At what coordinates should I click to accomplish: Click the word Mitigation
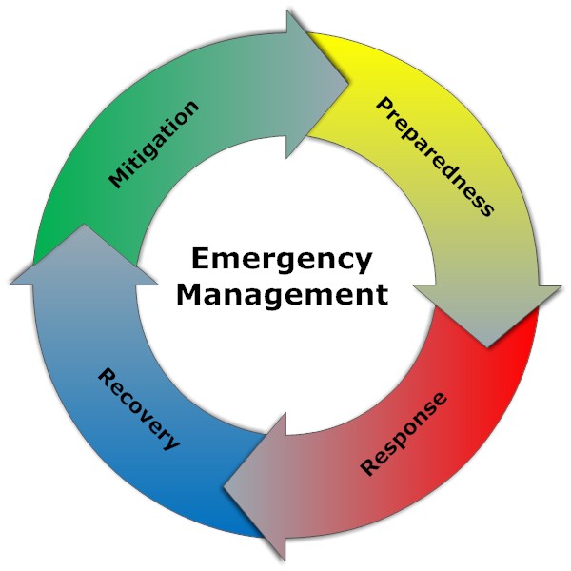pos(155,144)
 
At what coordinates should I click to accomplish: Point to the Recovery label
pos(137,409)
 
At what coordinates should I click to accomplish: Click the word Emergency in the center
pos(282,260)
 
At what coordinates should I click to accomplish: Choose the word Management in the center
pos(283,294)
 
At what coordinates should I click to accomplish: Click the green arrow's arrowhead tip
pos(348,84)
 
